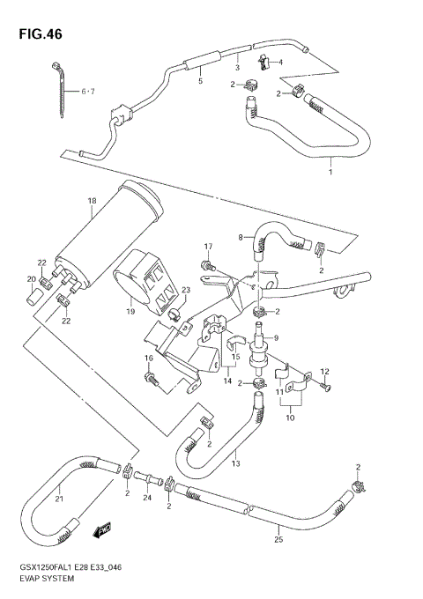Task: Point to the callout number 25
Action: click(278, 541)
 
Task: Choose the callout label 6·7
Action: click(87, 91)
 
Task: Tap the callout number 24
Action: click(147, 499)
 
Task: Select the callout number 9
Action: click(276, 336)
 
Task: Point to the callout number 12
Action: click(325, 371)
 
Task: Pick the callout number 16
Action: click(149, 359)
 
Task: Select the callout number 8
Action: click(240, 237)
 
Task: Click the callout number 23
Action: click(186, 291)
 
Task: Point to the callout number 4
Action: click(280, 63)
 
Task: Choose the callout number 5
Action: click(200, 81)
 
